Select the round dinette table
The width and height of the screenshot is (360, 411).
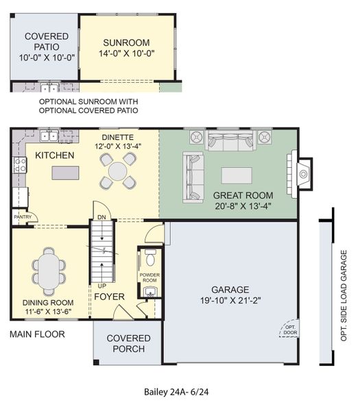pyautogui.click(x=118, y=171)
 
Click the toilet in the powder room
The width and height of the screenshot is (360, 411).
pyautogui.click(x=150, y=260)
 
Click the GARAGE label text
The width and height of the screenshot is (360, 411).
pyautogui.click(x=230, y=289)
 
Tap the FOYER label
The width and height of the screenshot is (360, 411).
pyautogui.click(x=108, y=297)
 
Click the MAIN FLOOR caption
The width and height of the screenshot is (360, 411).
pyautogui.click(x=37, y=334)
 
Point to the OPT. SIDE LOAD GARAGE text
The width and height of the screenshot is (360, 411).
pyautogui.click(x=344, y=292)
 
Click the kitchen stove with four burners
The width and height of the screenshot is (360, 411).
pyautogui.click(x=19, y=165)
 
